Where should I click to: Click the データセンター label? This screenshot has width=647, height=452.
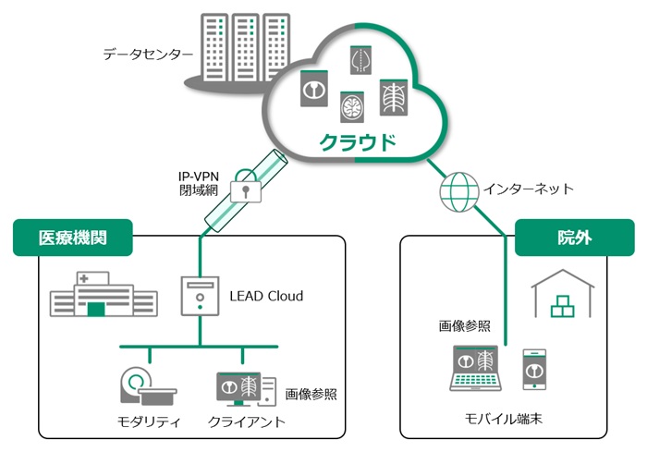pos(148,55)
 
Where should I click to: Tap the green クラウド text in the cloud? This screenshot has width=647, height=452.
pos(358,142)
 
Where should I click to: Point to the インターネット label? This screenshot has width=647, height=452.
pos(528,189)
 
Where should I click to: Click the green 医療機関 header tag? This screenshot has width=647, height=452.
pos(72,238)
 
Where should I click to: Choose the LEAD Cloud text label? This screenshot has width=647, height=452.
pos(266,297)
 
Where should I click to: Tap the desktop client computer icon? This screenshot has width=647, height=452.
pos(244,387)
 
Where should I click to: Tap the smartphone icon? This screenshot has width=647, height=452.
pos(535,368)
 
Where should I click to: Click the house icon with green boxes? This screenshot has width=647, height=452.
pos(563,295)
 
